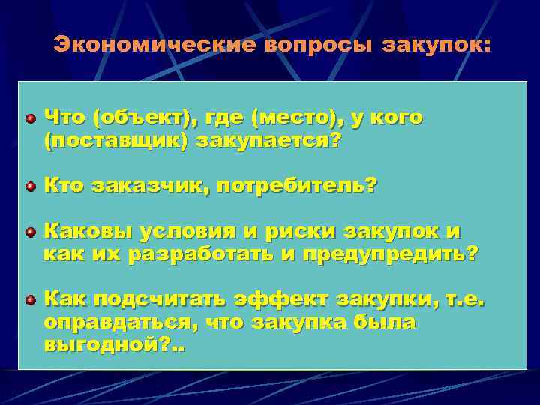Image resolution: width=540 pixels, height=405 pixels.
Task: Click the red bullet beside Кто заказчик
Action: tap(29, 185)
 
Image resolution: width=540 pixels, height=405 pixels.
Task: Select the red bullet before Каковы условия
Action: tap(29, 232)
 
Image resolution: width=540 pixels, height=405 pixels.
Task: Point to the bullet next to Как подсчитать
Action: tap(29, 301)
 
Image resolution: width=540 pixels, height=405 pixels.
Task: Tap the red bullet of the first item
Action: tap(29, 118)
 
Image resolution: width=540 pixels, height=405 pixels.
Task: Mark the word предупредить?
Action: tap(387, 254)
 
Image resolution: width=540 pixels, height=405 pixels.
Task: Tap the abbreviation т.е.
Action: tap(465, 300)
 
